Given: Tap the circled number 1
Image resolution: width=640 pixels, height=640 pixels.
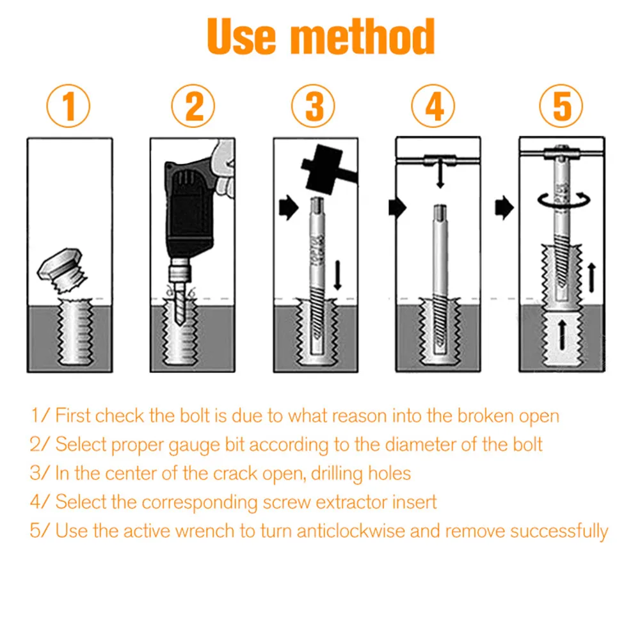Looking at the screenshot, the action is click(x=68, y=106).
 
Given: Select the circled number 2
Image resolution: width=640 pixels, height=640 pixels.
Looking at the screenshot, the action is click(x=193, y=106).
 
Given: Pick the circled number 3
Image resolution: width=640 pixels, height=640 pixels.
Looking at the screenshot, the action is click(x=313, y=106).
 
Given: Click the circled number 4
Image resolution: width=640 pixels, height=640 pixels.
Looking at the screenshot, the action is click(x=433, y=106).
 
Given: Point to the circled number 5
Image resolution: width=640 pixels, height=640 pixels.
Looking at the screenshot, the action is click(x=561, y=106).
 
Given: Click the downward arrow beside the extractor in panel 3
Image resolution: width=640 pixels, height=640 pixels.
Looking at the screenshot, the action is click(x=337, y=275).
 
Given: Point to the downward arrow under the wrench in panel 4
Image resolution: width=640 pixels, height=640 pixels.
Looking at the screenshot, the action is click(x=440, y=174).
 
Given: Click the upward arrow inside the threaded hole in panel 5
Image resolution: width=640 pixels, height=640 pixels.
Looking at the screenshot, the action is click(x=563, y=335).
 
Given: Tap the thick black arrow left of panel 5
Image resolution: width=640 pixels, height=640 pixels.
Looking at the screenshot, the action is click(x=504, y=208).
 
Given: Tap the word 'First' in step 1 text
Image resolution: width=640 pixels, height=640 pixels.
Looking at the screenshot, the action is click(x=72, y=416).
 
